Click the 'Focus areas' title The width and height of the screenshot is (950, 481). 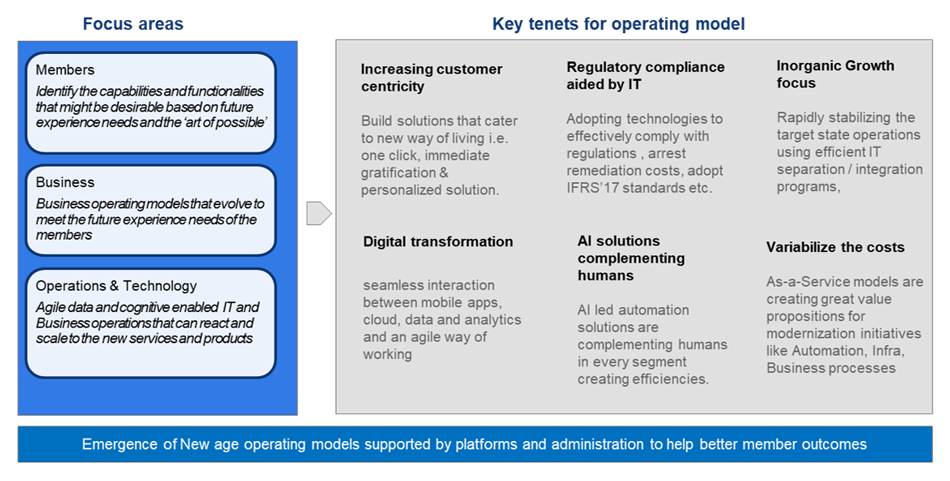[133, 23]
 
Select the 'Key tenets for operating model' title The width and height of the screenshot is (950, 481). [618, 23]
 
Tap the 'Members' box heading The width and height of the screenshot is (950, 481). [65, 70]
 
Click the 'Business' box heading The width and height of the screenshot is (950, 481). [65, 182]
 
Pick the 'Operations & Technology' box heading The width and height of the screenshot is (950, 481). [116, 286]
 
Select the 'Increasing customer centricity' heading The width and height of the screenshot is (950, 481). [431, 79]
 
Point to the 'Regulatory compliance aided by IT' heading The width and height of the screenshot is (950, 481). [645, 76]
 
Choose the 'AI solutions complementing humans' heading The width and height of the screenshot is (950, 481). [631, 258]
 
